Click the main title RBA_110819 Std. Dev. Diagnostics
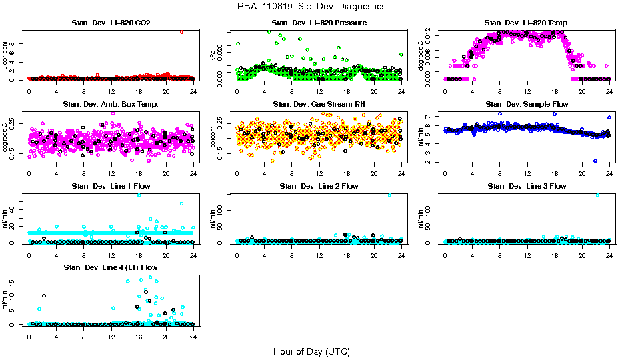311,7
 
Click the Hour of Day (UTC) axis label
311,351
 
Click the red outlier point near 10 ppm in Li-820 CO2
181,32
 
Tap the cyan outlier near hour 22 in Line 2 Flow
389,195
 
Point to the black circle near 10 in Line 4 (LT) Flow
44,296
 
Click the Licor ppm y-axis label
6,55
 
